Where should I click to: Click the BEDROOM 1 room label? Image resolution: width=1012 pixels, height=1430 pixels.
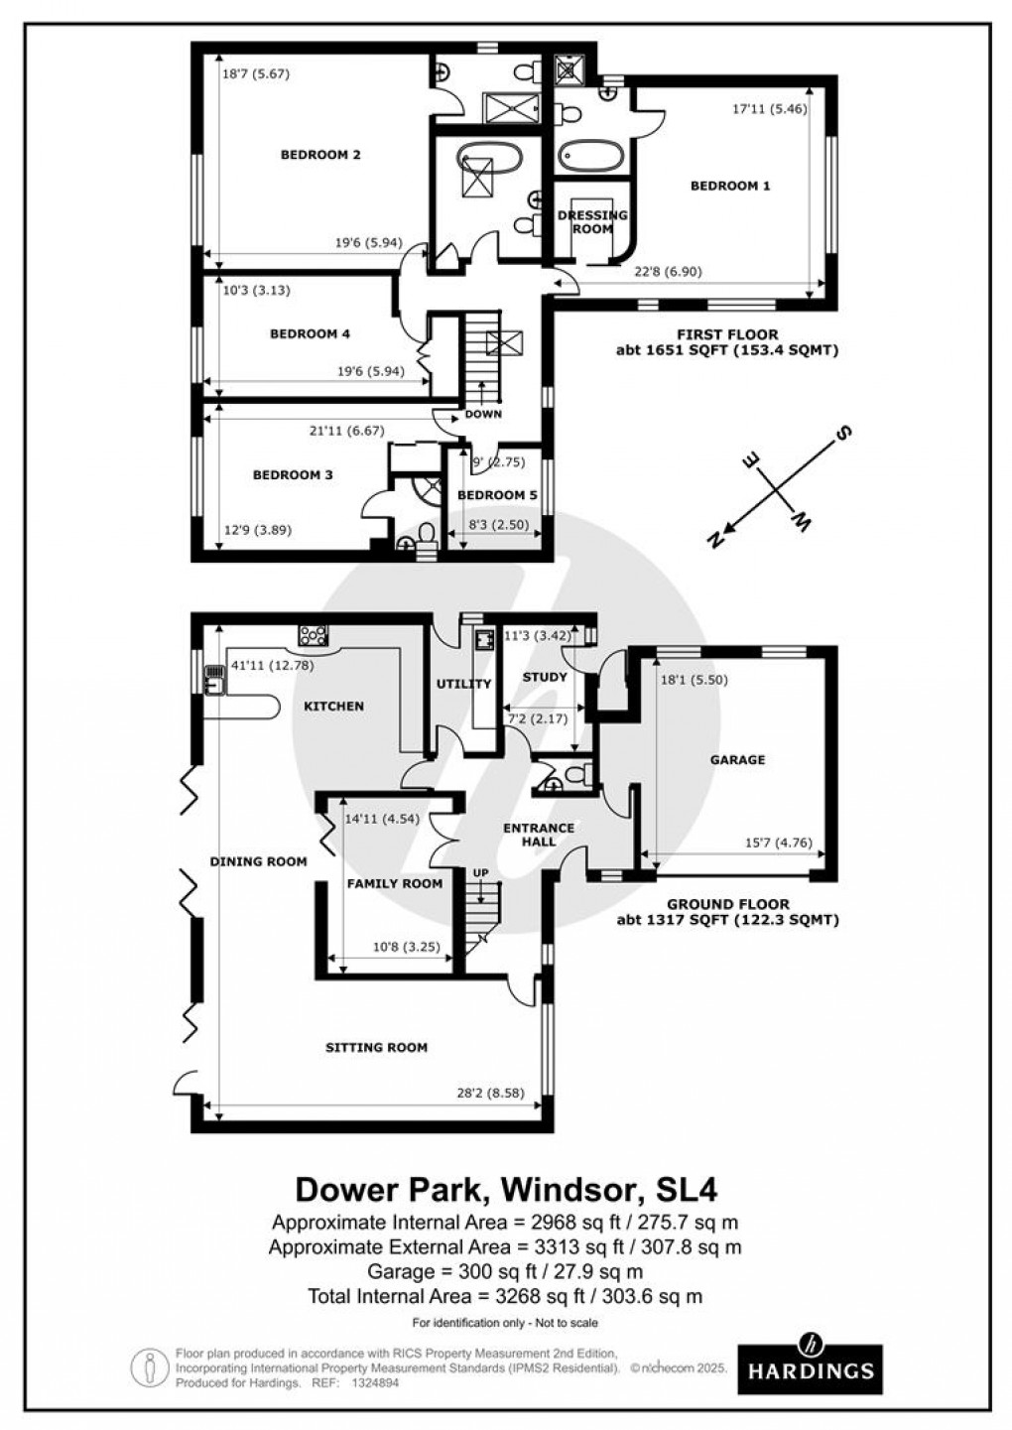click(729, 186)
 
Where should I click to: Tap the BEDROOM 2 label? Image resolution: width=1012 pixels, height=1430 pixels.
click(319, 155)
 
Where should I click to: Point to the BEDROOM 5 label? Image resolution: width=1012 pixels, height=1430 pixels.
click(490, 495)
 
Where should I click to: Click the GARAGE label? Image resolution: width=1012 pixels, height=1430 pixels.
click(737, 760)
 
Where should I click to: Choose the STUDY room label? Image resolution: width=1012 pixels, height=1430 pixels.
click(545, 677)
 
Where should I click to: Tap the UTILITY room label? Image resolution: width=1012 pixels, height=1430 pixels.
click(464, 684)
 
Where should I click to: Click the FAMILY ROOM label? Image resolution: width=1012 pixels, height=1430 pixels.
click(394, 883)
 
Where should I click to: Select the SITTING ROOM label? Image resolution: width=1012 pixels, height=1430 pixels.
click(376, 1047)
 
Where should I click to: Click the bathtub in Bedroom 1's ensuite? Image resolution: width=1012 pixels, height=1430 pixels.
click(590, 156)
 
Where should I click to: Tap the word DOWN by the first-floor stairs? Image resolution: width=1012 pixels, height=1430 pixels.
click(483, 415)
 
